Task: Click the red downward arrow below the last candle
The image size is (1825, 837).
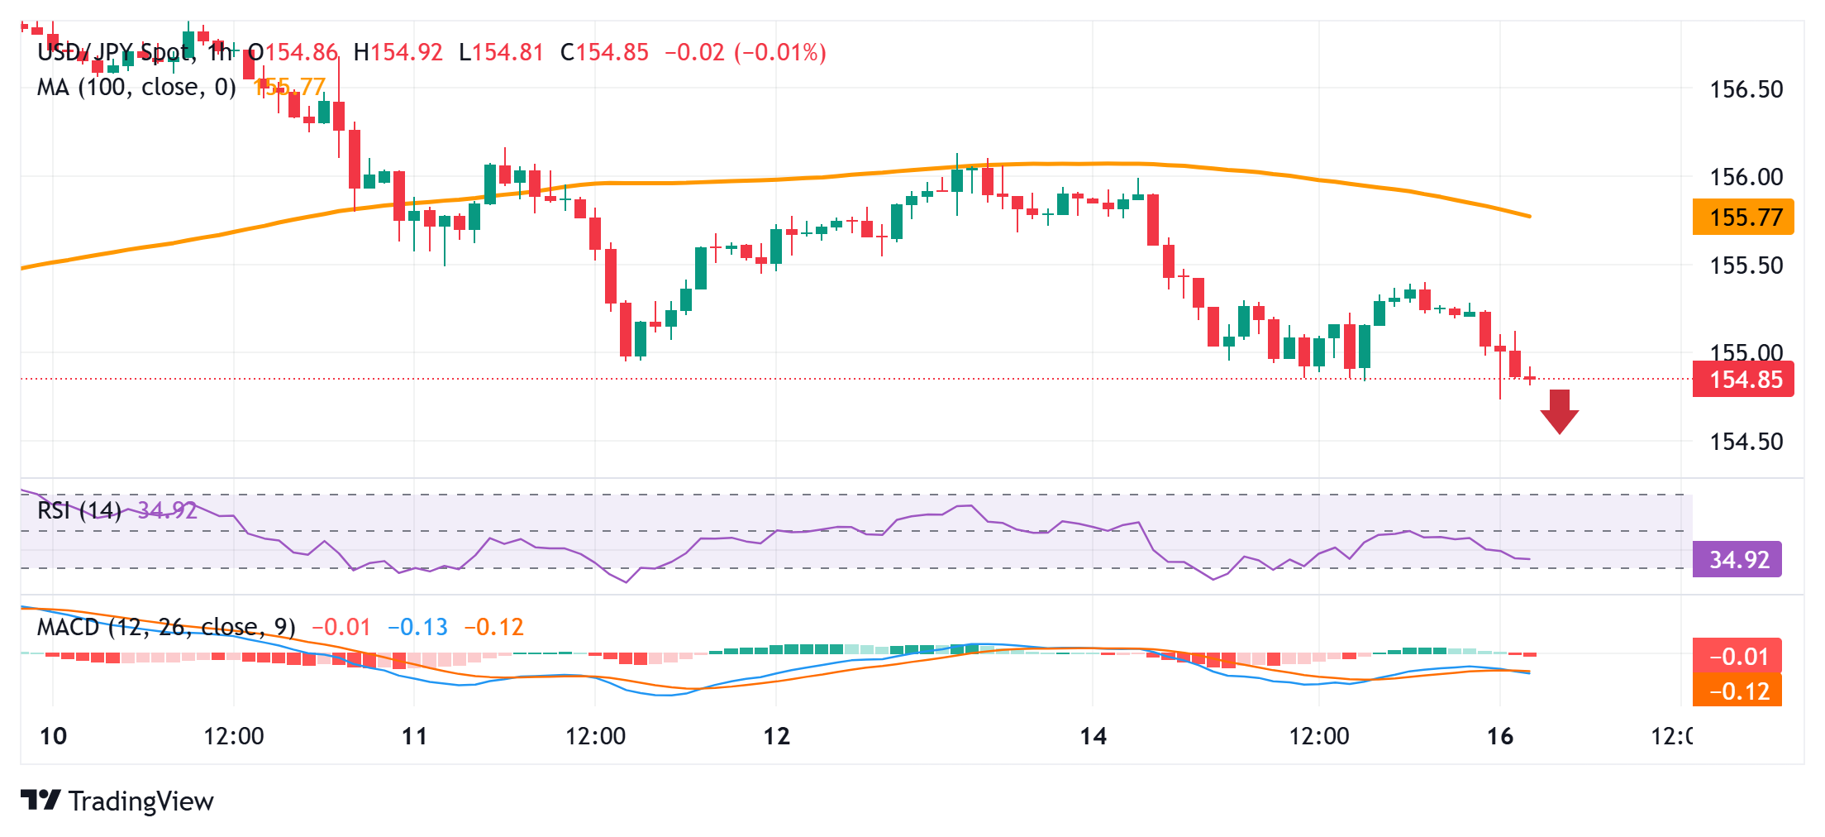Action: click(1559, 411)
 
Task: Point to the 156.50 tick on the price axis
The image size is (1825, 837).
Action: click(1746, 89)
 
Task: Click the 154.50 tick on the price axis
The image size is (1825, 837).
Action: click(1746, 442)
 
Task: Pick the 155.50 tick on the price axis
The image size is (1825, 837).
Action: click(1746, 265)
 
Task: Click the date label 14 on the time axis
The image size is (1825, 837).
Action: click(1093, 736)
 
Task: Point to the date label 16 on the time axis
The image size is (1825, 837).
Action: click(1499, 736)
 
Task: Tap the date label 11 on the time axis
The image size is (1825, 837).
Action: click(414, 736)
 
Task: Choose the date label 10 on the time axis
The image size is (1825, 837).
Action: click(53, 736)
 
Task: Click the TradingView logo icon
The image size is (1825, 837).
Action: click(41, 801)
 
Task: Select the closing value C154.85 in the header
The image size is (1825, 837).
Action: click(604, 53)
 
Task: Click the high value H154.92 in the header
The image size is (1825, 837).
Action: click(398, 53)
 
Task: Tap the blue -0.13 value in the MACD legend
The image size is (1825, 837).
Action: click(418, 628)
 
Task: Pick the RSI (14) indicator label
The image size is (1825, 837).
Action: click(79, 510)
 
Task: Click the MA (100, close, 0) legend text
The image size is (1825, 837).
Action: click(136, 87)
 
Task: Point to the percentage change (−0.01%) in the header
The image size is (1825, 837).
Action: click(780, 53)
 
